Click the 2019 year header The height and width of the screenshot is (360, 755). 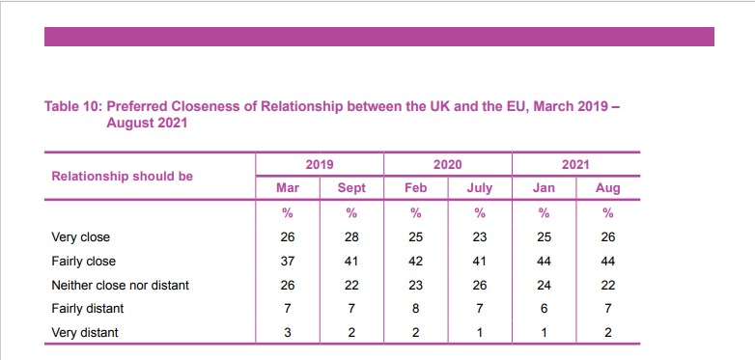click(x=319, y=165)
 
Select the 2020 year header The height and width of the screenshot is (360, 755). click(x=447, y=165)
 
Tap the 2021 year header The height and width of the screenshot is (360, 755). click(x=575, y=165)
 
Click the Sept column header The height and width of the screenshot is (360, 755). click(x=351, y=188)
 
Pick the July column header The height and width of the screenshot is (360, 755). click(x=480, y=188)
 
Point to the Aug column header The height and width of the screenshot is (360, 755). click(x=608, y=188)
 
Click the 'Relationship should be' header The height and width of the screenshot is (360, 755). click(x=122, y=177)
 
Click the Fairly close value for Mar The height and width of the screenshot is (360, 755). click(x=287, y=262)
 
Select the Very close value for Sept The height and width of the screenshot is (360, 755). click(x=351, y=236)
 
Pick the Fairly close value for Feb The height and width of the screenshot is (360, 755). click(x=416, y=262)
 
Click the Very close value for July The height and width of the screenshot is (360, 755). click(x=480, y=236)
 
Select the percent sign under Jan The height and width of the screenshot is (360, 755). click(x=545, y=212)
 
